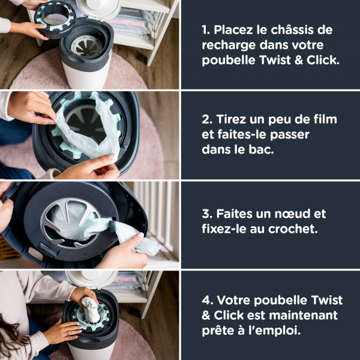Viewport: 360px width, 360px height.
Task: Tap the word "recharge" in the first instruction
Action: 229,46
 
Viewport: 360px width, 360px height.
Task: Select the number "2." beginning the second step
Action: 205,119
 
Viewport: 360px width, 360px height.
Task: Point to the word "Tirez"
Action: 233,119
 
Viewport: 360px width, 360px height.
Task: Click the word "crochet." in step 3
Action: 290,229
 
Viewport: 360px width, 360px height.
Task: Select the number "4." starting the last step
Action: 205,300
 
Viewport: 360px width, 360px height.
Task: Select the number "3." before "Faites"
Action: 205,214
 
